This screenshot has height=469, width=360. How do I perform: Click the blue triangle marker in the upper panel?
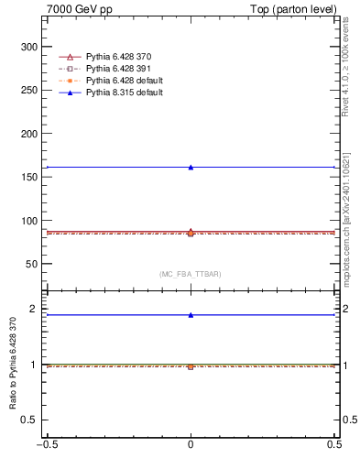[191, 168]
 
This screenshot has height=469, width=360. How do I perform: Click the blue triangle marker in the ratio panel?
[191, 315]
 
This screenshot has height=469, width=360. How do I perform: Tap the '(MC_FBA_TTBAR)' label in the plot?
[191, 274]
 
